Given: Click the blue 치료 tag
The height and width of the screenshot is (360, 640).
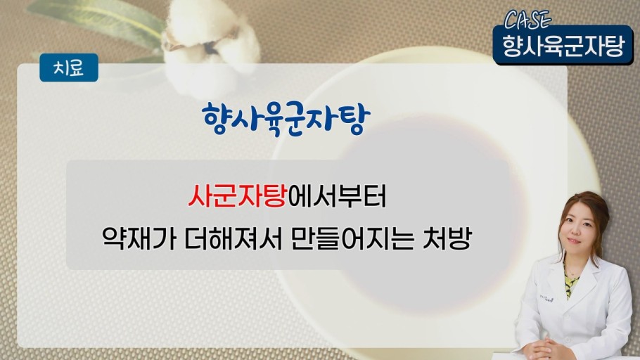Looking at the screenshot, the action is (69, 67).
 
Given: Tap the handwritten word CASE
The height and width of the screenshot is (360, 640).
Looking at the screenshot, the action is (527, 20).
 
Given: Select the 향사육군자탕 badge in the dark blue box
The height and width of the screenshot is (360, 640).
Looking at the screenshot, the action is (563, 45).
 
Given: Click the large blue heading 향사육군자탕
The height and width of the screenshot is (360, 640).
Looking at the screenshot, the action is (286, 119).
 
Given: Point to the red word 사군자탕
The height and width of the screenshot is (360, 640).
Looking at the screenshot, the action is (238, 197).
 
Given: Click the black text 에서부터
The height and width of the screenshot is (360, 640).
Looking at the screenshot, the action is (337, 197).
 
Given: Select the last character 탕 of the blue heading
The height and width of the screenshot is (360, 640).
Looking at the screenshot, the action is (355, 120).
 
